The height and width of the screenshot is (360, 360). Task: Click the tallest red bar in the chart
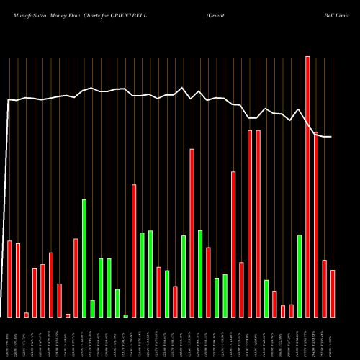point(307,187)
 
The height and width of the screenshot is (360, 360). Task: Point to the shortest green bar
point(125,315)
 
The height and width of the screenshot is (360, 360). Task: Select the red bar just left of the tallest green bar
point(76,278)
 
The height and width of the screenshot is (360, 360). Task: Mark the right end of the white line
point(331,137)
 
